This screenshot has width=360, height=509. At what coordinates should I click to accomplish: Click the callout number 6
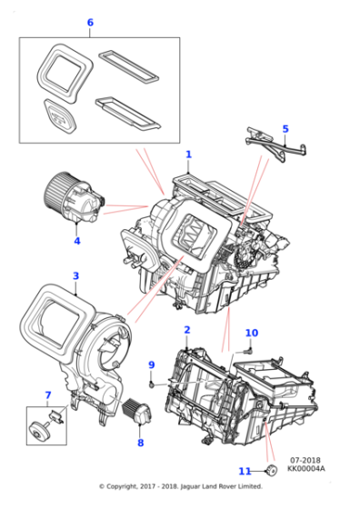click(89, 22)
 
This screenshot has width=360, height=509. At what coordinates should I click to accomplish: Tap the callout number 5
click(284, 128)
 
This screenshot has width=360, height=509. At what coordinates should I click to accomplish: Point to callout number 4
click(77, 241)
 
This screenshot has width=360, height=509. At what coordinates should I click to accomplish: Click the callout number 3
click(75, 275)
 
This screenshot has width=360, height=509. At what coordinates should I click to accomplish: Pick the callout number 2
click(186, 330)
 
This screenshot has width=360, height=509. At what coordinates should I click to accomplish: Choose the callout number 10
click(252, 333)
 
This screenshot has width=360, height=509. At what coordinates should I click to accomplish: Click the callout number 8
click(140, 443)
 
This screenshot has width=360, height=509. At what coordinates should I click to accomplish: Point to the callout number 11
click(243, 471)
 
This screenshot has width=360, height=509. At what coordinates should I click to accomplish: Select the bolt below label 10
click(247, 347)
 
